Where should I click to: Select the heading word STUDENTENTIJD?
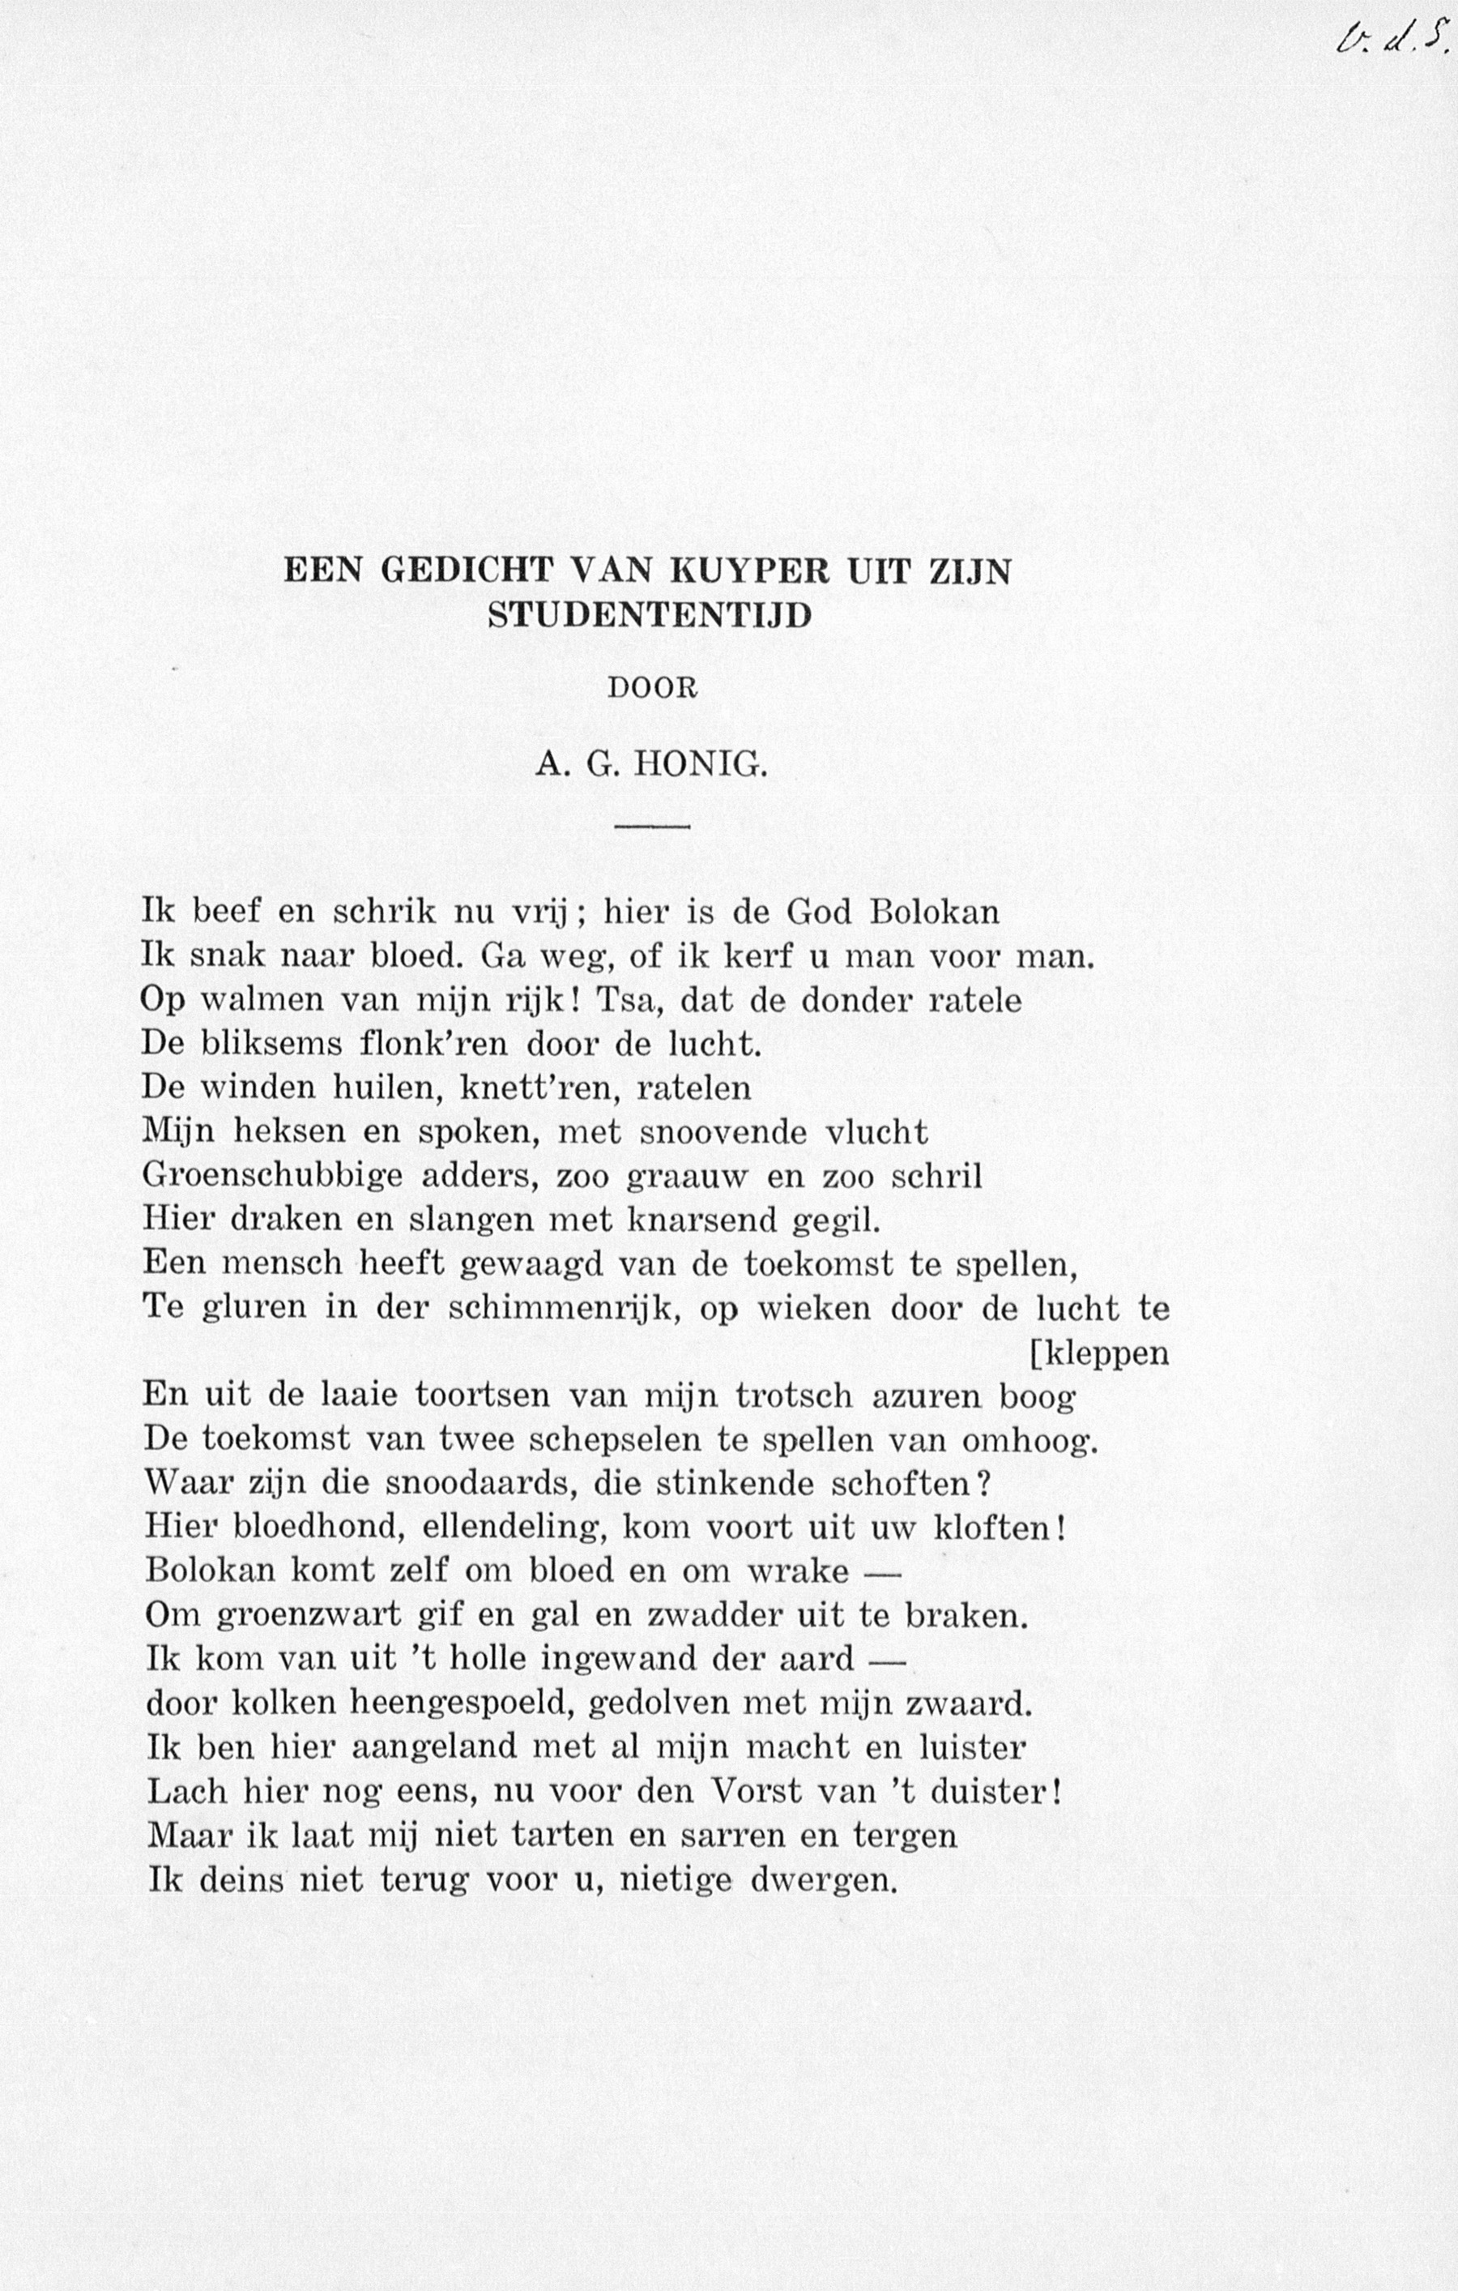(650, 616)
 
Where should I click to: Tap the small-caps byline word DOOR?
(652, 689)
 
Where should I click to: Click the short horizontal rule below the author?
(651, 826)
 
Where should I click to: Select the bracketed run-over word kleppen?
(1103, 1353)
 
